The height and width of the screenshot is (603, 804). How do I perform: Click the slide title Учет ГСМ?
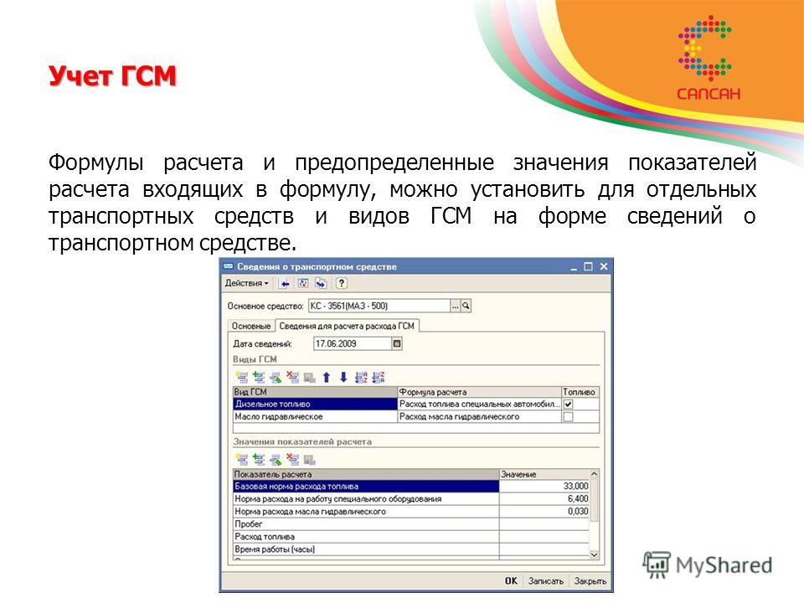[112, 76]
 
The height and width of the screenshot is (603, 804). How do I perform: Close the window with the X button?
[604, 266]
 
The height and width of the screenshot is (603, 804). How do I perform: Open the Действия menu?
[246, 283]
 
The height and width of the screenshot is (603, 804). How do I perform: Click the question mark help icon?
[341, 283]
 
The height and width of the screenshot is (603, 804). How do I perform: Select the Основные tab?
[250, 326]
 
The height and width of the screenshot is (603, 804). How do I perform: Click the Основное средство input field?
[379, 307]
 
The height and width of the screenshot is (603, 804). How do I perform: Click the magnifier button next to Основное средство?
[466, 307]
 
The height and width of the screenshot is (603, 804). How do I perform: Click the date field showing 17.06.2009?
[353, 343]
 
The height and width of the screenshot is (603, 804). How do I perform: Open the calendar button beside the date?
[397, 343]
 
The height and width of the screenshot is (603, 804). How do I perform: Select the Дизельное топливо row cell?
[316, 404]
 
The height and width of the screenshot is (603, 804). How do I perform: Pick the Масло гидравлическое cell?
[316, 417]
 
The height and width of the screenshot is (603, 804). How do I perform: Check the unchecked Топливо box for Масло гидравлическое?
[568, 417]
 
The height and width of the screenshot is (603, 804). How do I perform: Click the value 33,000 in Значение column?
[575, 486]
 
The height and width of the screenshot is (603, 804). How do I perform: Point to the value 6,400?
[578, 498]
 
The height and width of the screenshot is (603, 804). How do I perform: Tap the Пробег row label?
[249, 524]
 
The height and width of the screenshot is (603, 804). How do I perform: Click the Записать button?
[545, 581]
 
